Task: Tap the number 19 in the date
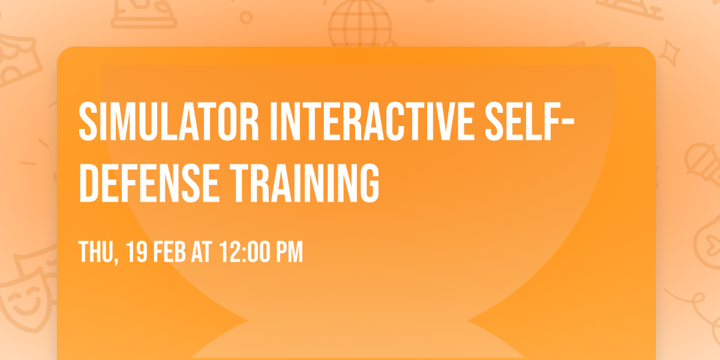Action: (x=137, y=252)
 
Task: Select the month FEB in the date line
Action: (x=171, y=252)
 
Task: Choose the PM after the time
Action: (x=289, y=252)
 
